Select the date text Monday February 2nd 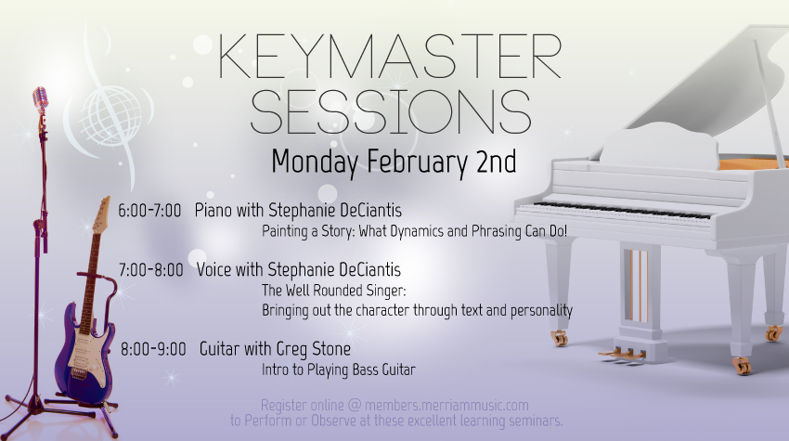tap(394, 162)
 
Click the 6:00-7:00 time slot tap(149, 211)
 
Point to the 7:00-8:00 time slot tap(151, 270)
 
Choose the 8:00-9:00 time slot tap(153, 349)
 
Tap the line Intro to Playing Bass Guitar tap(339, 370)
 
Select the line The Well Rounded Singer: tap(333, 291)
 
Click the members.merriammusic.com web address tap(446, 405)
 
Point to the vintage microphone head tap(40, 97)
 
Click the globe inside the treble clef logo tap(110, 116)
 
